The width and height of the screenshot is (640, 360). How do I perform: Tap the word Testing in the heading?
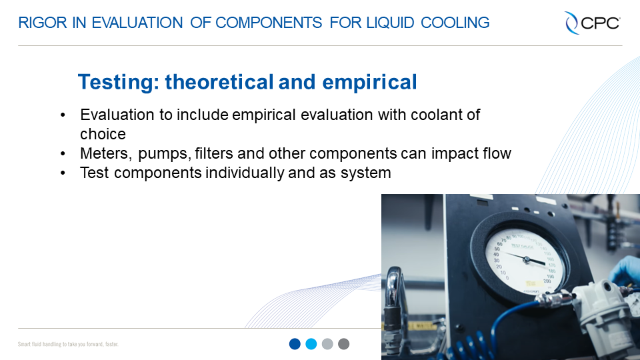tap(117, 82)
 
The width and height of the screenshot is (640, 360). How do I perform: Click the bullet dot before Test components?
tap(63, 173)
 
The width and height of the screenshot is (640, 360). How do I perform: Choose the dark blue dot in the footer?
tap(295, 344)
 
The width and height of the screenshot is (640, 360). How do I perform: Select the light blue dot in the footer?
tap(311, 344)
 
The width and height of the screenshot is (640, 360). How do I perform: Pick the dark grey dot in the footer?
tap(343, 344)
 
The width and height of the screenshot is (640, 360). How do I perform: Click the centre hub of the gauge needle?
tap(527, 259)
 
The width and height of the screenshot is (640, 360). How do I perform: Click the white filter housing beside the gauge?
tap(600, 313)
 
